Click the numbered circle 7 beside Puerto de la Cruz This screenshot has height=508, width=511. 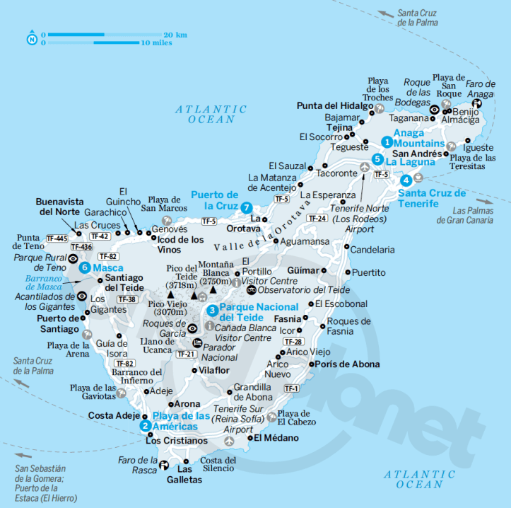[x=246, y=207]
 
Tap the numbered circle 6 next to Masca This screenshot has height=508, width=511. [x=85, y=267]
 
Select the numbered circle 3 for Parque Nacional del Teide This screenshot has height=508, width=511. [x=211, y=310]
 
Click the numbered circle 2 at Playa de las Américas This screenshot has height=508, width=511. [x=145, y=425]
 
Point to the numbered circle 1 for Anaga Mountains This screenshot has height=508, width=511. [x=387, y=142]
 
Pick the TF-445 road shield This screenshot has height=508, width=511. [x=57, y=238]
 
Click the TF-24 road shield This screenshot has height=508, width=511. [x=317, y=218]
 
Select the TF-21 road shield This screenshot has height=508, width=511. [x=185, y=354]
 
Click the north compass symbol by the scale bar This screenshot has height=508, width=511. [x=32, y=38]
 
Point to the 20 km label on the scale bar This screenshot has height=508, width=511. [x=175, y=34]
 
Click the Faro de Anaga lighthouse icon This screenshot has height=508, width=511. [x=477, y=105]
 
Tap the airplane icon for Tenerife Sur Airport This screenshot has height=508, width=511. [x=229, y=441]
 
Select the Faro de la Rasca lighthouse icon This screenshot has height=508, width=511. [x=163, y=465]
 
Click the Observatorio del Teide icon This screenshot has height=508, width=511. [x=251, y=290]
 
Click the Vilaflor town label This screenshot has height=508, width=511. [x=215, y=369]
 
